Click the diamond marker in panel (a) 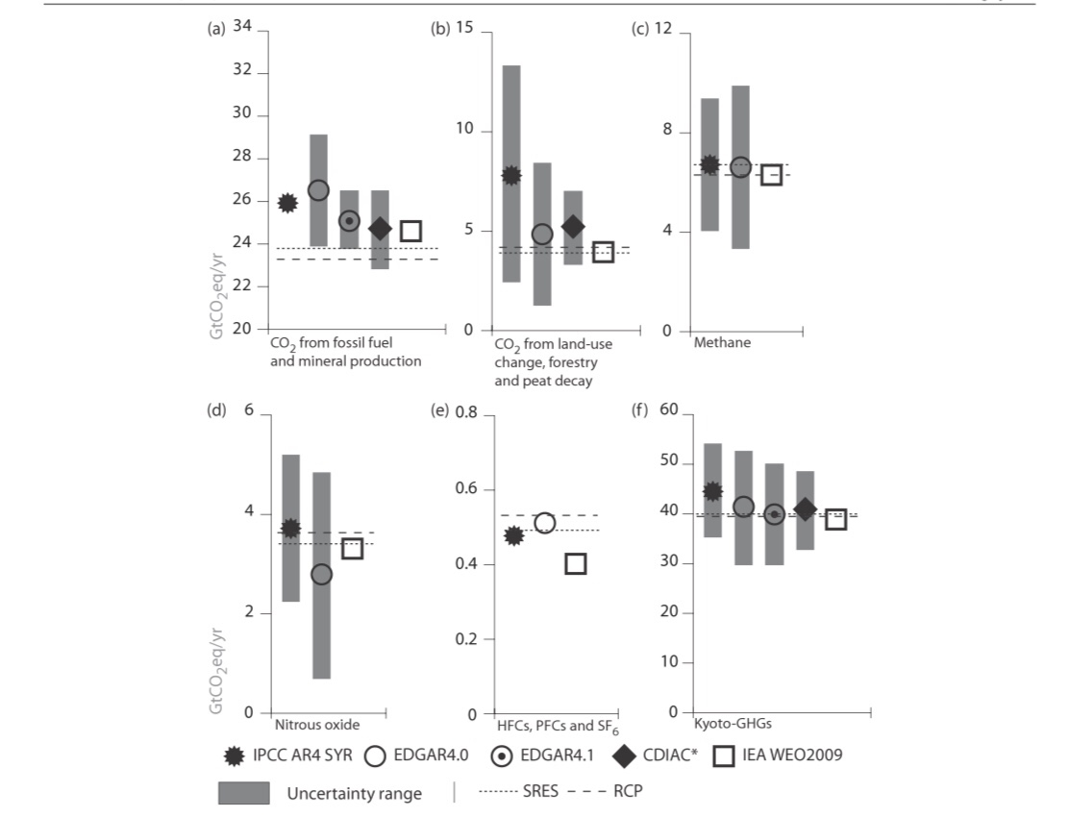click(x=380, y=229)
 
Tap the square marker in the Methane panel click(x=771, y=175)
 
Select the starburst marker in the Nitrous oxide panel click(x=290, y=528)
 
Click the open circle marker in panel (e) click(x=544, y=524)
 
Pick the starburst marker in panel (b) click(x=511, y=175)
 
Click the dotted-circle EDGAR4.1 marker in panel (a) click(x=349, y=221)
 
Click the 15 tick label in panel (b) click(x=465, y=29)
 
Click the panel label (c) click(x=638, y=29)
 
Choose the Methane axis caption click(x=716, y=342)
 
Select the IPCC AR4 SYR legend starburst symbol click(x=232, y=756)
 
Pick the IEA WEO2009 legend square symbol click(x=725, y=756)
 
